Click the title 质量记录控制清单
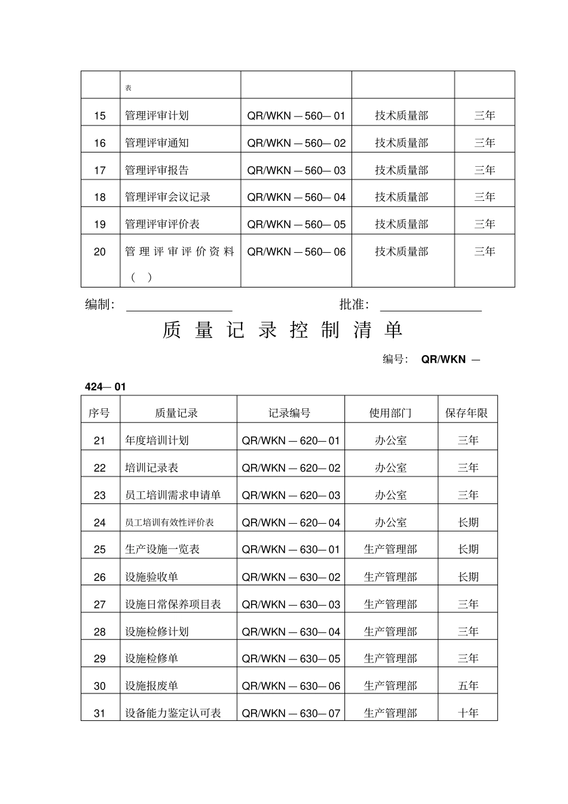pos(282,330)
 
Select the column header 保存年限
pos(466,413)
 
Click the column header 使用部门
pos(390,413)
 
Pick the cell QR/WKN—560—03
pos(296,170)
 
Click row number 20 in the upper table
pos(100,252)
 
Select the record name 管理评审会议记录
pos(167,197)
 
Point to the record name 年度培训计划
pos(157,441)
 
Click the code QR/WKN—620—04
pos(291,522)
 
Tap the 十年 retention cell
pos(468,713)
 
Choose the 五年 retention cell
pos(468,686)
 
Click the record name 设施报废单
pos(151,686)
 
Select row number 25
pos(100,549)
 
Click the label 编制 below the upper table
pos(99,305)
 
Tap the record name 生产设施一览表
pos(162,549)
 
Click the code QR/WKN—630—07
pos(291,713)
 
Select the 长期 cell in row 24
pos(468,522)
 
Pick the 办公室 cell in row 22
pos(390,468)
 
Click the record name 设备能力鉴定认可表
pos(173,713)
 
